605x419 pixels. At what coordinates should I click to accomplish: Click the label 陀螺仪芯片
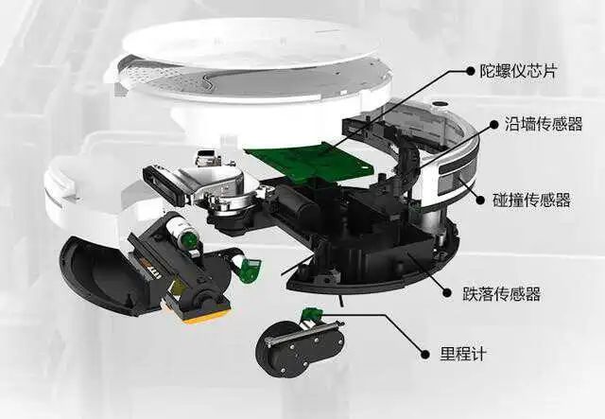tap(518, 71)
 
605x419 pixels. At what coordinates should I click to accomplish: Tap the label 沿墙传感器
tap(544, 124)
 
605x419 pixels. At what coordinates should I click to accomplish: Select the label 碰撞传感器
tap(531, 200)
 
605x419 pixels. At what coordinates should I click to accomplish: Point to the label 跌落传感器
tap(502, 294)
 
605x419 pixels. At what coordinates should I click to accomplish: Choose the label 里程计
tap(464, 354)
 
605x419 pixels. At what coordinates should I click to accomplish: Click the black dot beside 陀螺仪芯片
tap(471, 71)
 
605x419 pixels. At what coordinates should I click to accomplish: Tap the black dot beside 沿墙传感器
tap(494, 124)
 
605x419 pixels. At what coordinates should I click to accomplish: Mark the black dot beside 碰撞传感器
tap(481, 200)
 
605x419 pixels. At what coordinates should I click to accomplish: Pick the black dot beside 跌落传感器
tap(447, 293)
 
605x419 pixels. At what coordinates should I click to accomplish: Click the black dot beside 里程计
tap(425, 354)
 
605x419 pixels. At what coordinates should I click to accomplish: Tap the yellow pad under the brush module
tap(204, 315)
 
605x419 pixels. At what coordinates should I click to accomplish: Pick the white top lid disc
tap(250, 44)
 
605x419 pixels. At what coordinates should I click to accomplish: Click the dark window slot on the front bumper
tap(457, 170)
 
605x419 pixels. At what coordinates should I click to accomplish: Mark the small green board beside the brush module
tap(250, 270)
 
